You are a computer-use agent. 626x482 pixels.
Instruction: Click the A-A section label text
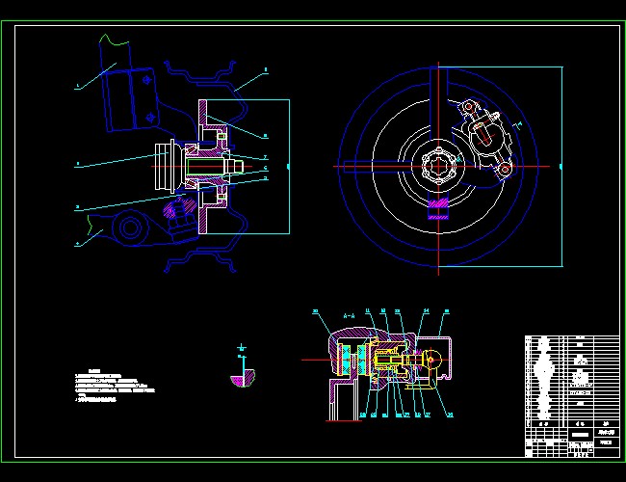350,314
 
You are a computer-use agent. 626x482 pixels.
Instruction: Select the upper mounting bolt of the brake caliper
470,106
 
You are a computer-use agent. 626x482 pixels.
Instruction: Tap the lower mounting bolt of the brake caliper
502,170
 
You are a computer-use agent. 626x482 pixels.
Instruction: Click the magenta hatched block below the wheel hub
439,208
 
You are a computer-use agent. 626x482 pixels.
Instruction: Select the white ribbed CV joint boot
161,167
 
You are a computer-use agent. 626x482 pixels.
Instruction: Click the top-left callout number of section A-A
315,310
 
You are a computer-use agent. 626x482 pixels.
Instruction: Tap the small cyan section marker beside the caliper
516,126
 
